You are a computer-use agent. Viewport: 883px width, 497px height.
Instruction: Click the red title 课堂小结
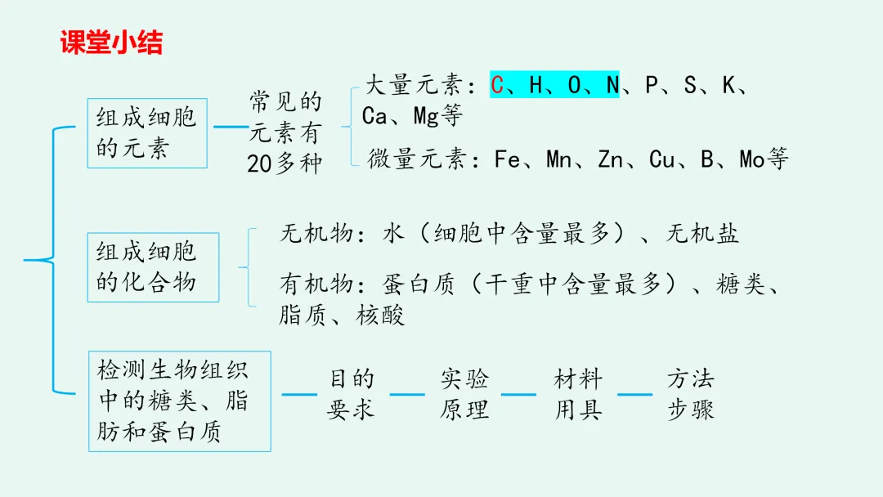click(x=111, y=43)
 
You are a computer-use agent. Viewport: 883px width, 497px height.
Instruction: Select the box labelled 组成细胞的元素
click(x=146, y=133)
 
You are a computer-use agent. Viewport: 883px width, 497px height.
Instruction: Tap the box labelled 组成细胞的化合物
click(x=152, y=267)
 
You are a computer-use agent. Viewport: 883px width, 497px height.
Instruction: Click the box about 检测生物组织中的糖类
click(x=179, y=401)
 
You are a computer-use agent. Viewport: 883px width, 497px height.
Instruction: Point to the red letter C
click(x=497, y=85)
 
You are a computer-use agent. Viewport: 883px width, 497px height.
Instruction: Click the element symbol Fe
click(x=508, y=159)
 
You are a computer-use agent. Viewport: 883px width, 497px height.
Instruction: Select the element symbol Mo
click(x=752, y=159)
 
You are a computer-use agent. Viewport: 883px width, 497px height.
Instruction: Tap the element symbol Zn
click(x=611, y=159)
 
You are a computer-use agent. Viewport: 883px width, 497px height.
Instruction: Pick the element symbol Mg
click(x=426, y=117)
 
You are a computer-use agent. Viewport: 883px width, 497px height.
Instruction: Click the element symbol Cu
click(x=661, y=159)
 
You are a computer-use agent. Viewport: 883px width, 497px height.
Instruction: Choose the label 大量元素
click(x=414, y=85)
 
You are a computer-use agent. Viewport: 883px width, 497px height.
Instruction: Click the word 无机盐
click(x=702, y=235)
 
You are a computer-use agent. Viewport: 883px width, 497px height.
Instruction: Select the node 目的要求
click(x=352, y=394)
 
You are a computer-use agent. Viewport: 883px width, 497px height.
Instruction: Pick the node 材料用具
click(x=577, y=394)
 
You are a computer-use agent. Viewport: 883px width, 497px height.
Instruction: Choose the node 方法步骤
click(x=690, y=394)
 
